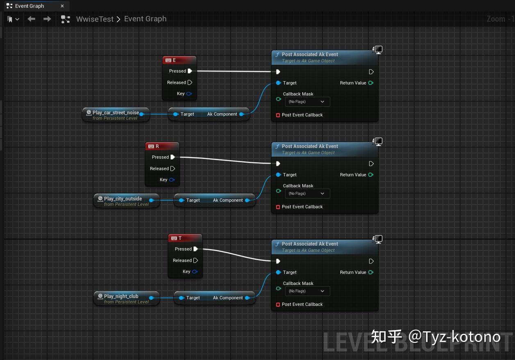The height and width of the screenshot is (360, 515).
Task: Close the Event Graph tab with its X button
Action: [62, 6]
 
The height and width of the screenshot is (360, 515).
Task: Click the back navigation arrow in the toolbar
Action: [32, 19]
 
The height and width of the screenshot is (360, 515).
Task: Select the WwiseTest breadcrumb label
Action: [95, 19]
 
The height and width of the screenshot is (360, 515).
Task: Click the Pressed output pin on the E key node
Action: [190, 71]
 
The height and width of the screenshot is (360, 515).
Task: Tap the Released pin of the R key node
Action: [172, 169]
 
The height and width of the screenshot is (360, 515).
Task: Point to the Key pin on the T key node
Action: [195, 271]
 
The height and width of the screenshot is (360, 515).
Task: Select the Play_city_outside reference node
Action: [123, 201]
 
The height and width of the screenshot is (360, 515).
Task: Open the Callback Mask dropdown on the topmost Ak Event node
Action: [307, 102]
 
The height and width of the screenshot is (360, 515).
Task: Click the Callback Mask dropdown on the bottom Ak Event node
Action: [307, 291]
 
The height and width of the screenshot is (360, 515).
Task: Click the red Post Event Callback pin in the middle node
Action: [278, 207]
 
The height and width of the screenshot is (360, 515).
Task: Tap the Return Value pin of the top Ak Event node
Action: [371, 83]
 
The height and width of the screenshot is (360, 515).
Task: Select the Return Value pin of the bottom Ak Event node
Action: [371, 272]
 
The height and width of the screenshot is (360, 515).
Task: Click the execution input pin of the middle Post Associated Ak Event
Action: [278, 164]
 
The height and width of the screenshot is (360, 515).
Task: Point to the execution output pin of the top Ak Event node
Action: [371, 72]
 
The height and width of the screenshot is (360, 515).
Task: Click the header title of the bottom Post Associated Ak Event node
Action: [310, 244]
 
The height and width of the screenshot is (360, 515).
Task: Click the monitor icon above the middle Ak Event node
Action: [378, 141]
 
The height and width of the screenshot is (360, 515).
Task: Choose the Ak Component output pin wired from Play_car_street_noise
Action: [242, 114]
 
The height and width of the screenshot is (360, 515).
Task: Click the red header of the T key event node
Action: [185, 238]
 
